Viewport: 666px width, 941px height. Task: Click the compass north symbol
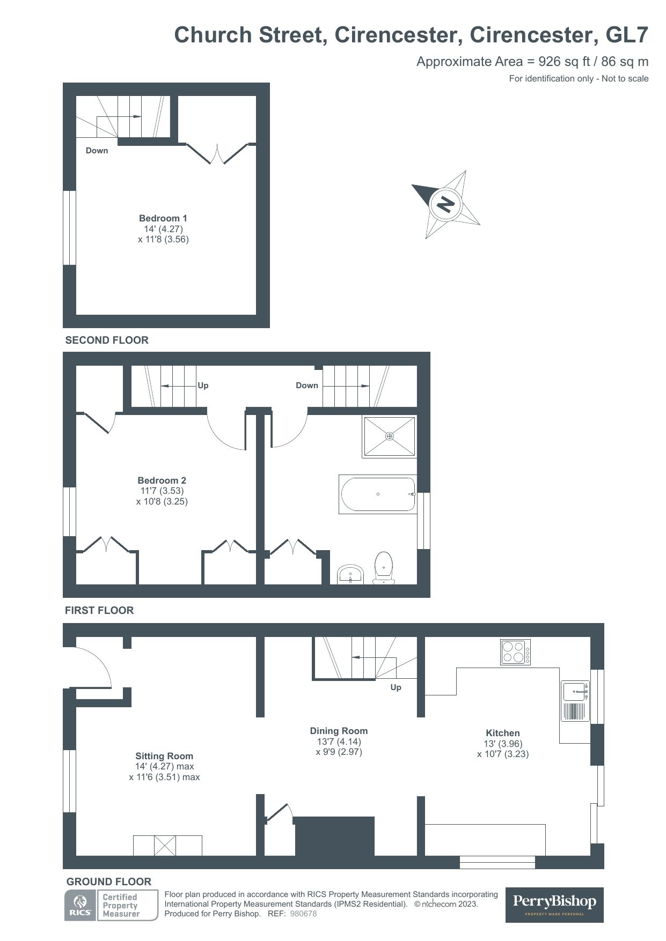coord(445,204)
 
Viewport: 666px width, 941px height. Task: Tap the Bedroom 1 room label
coord(163,218)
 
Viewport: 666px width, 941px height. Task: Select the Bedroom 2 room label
coord(162,480)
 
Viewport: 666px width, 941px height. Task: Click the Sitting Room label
coord(164,756)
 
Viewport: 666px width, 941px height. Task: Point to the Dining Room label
coord(339,731)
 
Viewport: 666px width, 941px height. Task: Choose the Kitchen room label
coord(503,733)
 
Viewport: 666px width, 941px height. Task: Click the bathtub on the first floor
coord(378,494)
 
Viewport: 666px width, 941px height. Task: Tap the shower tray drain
coord(390,436)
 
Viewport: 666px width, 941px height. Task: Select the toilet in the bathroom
coord(384,567)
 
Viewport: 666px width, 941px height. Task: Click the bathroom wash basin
coord(351,574)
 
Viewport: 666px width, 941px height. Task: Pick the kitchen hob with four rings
coord(515,652)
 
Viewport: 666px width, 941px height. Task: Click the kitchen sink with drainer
coord(575,701)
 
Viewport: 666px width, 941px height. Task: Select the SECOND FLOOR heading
coord(107,340)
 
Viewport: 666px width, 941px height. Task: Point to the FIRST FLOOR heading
coord(99,610)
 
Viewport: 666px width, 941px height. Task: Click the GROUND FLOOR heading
coord(109,881)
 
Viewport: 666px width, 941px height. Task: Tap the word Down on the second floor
coord(97,151)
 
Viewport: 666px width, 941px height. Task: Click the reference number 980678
coord(303,914)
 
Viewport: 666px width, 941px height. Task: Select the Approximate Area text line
coord(532,61)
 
